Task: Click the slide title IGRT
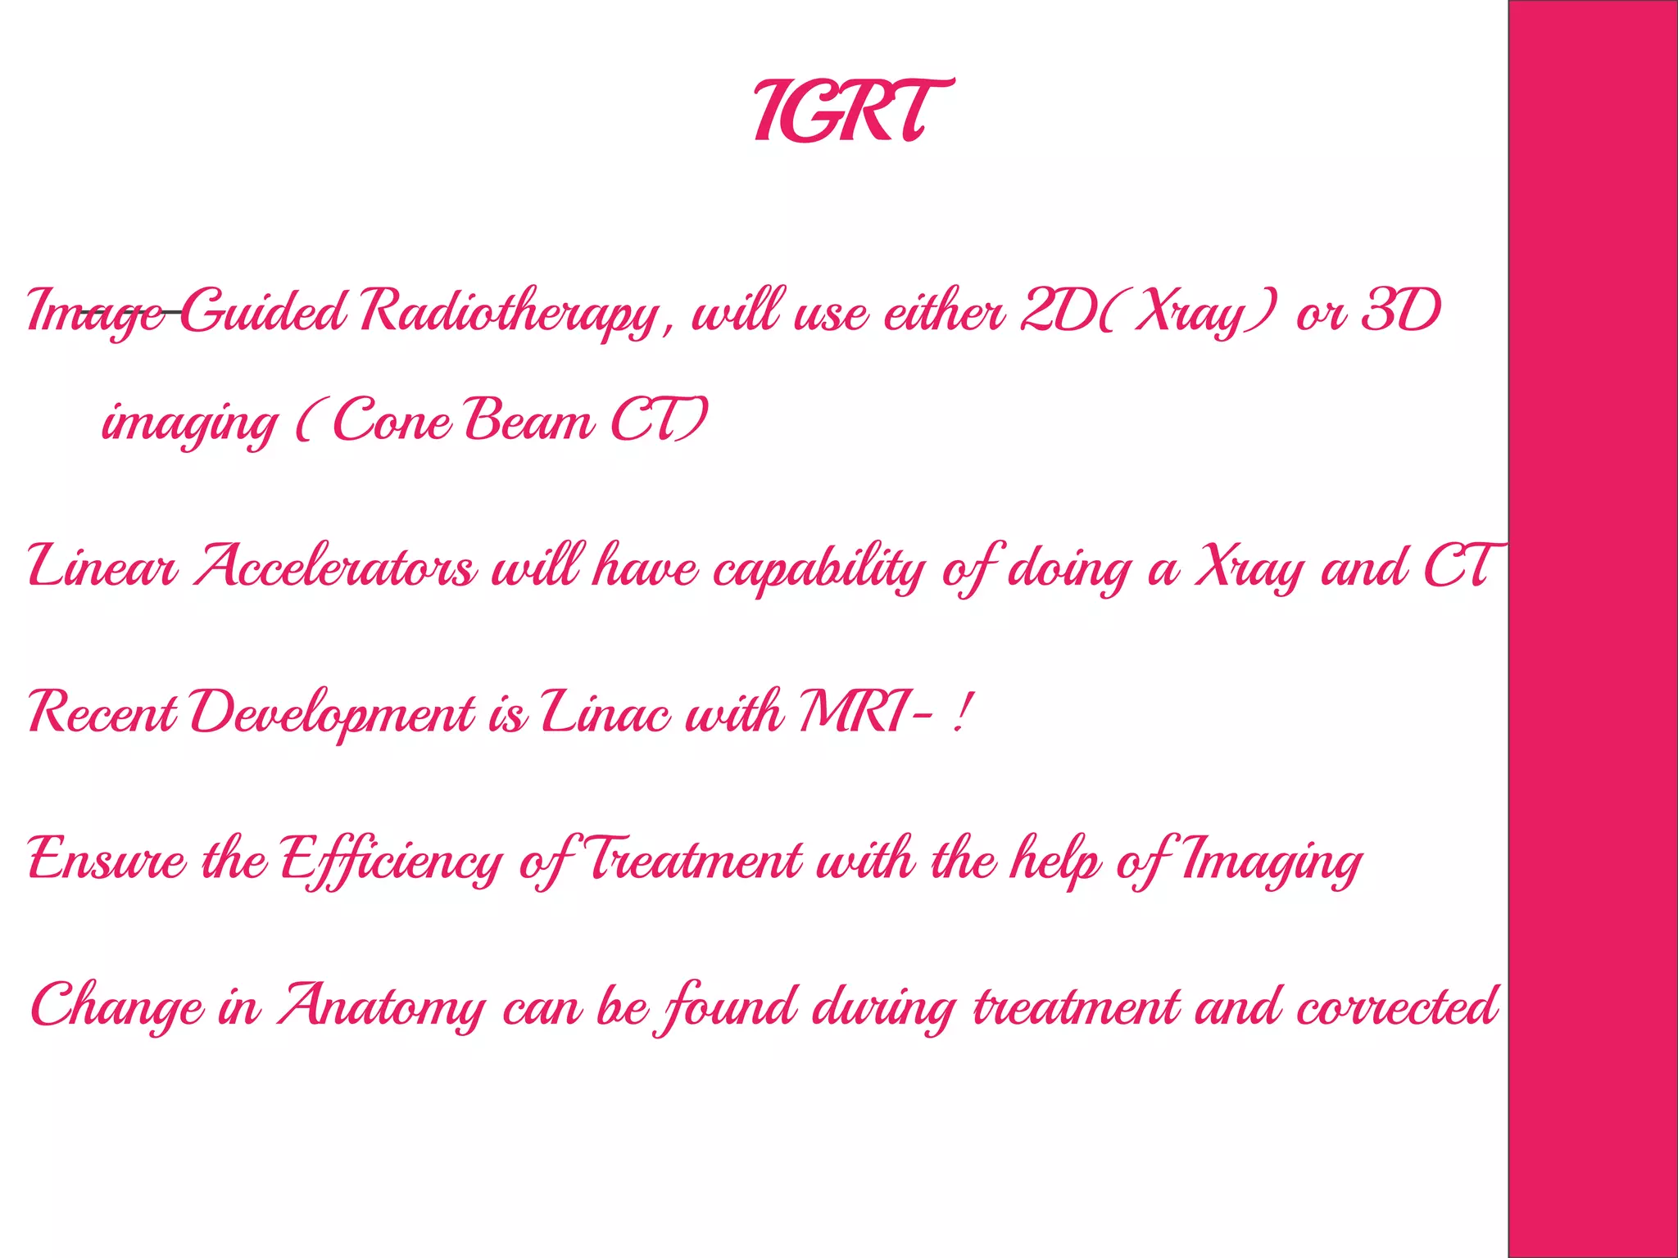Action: [x=853, y=111]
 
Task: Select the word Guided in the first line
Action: [x=263, y=312]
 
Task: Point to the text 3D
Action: [x=1400, y=312]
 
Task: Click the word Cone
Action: [x=392, y=421]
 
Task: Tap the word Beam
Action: [x=529, y=421]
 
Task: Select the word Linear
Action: [x=102, y=567]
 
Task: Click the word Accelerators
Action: [x=334, y=567]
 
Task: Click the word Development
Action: [x=333, y=713]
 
